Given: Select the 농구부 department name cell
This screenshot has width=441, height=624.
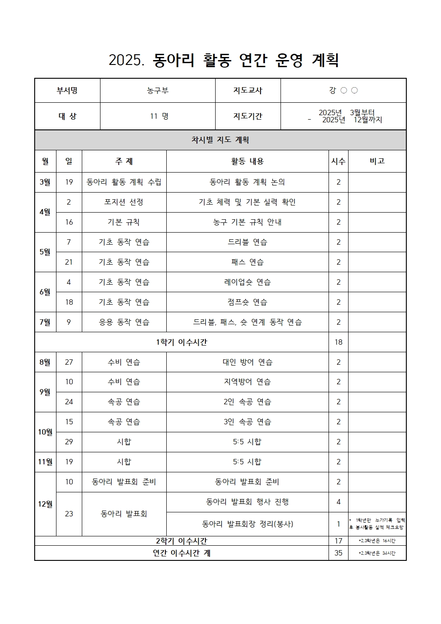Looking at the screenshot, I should pyautogui.click(x=158, y=91).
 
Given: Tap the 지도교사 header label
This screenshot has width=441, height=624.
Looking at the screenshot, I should pyautogui.click(x=248, y=91).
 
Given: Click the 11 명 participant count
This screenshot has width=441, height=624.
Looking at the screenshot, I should pyautogui.click(x=159, y=116).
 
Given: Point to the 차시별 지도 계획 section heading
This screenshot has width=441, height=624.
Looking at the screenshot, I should pyautogui.click(x=220, y=140).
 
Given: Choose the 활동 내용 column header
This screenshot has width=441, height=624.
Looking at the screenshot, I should pyautogui.click(x=247, y=161).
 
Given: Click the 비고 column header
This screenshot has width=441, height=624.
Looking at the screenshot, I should pyautogui.click(x=377, y=161).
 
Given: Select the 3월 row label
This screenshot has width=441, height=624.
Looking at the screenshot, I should pyautogui.click(x=45, y=182).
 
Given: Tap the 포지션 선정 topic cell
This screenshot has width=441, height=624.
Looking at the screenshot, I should pyautogui.click(x=124, y=202).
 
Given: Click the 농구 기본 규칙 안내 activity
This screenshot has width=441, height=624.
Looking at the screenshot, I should pyautogui.click(x=247, y=222).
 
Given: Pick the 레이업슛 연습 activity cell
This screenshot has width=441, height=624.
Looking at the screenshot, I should pyautogui.click(x=247, y=282).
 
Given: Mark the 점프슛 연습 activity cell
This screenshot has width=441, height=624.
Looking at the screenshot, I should pyautogui.click(x=247, y=302).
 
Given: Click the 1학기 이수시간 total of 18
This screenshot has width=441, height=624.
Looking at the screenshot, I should pyautogui.click(x=338, y=342).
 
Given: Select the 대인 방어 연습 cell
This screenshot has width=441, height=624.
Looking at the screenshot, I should pyautogui.click(x=247, y=362).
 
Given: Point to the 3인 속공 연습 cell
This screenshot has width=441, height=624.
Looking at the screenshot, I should pyautogui.click(x=247, y=422).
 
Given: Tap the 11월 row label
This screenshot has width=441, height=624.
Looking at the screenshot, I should pyautogui.click(x=45, y=462).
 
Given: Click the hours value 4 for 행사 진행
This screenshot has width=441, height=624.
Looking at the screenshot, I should pyautogui.click(x=338, y=502).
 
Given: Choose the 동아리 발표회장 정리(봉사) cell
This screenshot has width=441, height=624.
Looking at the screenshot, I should pyautogui.click(x=247, y=524).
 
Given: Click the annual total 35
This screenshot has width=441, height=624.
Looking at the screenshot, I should pyautogui.click(x=338, y=553).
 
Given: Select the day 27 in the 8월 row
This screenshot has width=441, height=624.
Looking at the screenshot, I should pyautogui.click(x=69, y=362).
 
